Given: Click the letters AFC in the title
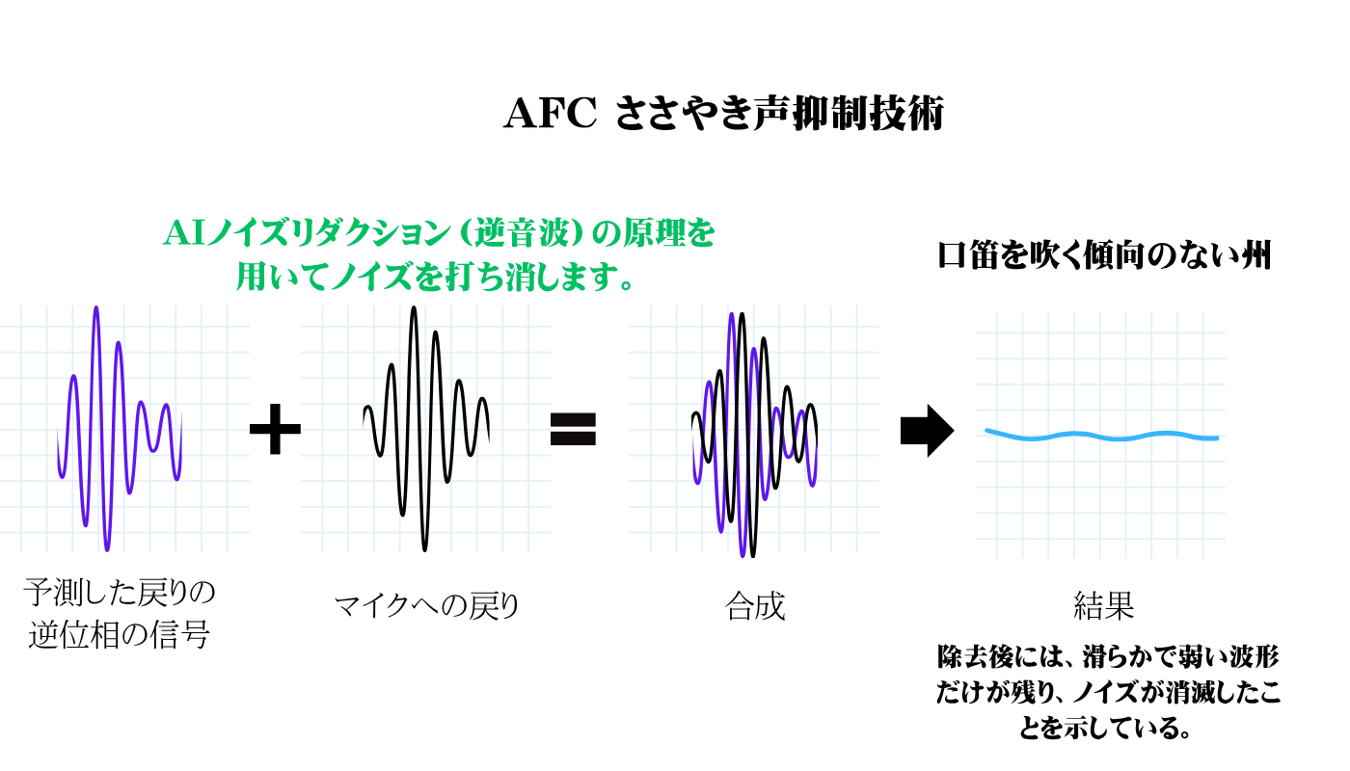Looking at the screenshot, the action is tap(550, 114).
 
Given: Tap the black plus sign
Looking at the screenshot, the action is tap(276, 429).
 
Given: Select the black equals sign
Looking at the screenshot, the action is tap(573, 429).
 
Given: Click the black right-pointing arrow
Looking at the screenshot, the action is tap(927, 431).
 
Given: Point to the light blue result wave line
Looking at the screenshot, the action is tap(1101, 436).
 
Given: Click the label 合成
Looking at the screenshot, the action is tap(755, 606).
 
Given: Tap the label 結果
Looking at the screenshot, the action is tap(1103, 605).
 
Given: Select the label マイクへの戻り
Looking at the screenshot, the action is tap(426, 606).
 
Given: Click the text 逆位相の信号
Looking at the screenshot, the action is tap(119, 634).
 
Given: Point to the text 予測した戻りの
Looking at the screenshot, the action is tap(119, 592).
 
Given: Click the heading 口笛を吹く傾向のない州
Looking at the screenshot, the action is tap(1105, 254).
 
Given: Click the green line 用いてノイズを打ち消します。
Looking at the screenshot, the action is tap(435, 277).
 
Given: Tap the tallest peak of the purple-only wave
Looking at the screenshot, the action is tap(95, 307).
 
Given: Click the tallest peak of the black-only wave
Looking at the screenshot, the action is tap(414, 307).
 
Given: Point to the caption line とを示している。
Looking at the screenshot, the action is tap(1105, 728).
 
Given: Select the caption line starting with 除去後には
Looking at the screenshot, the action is tap(1108, 656).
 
